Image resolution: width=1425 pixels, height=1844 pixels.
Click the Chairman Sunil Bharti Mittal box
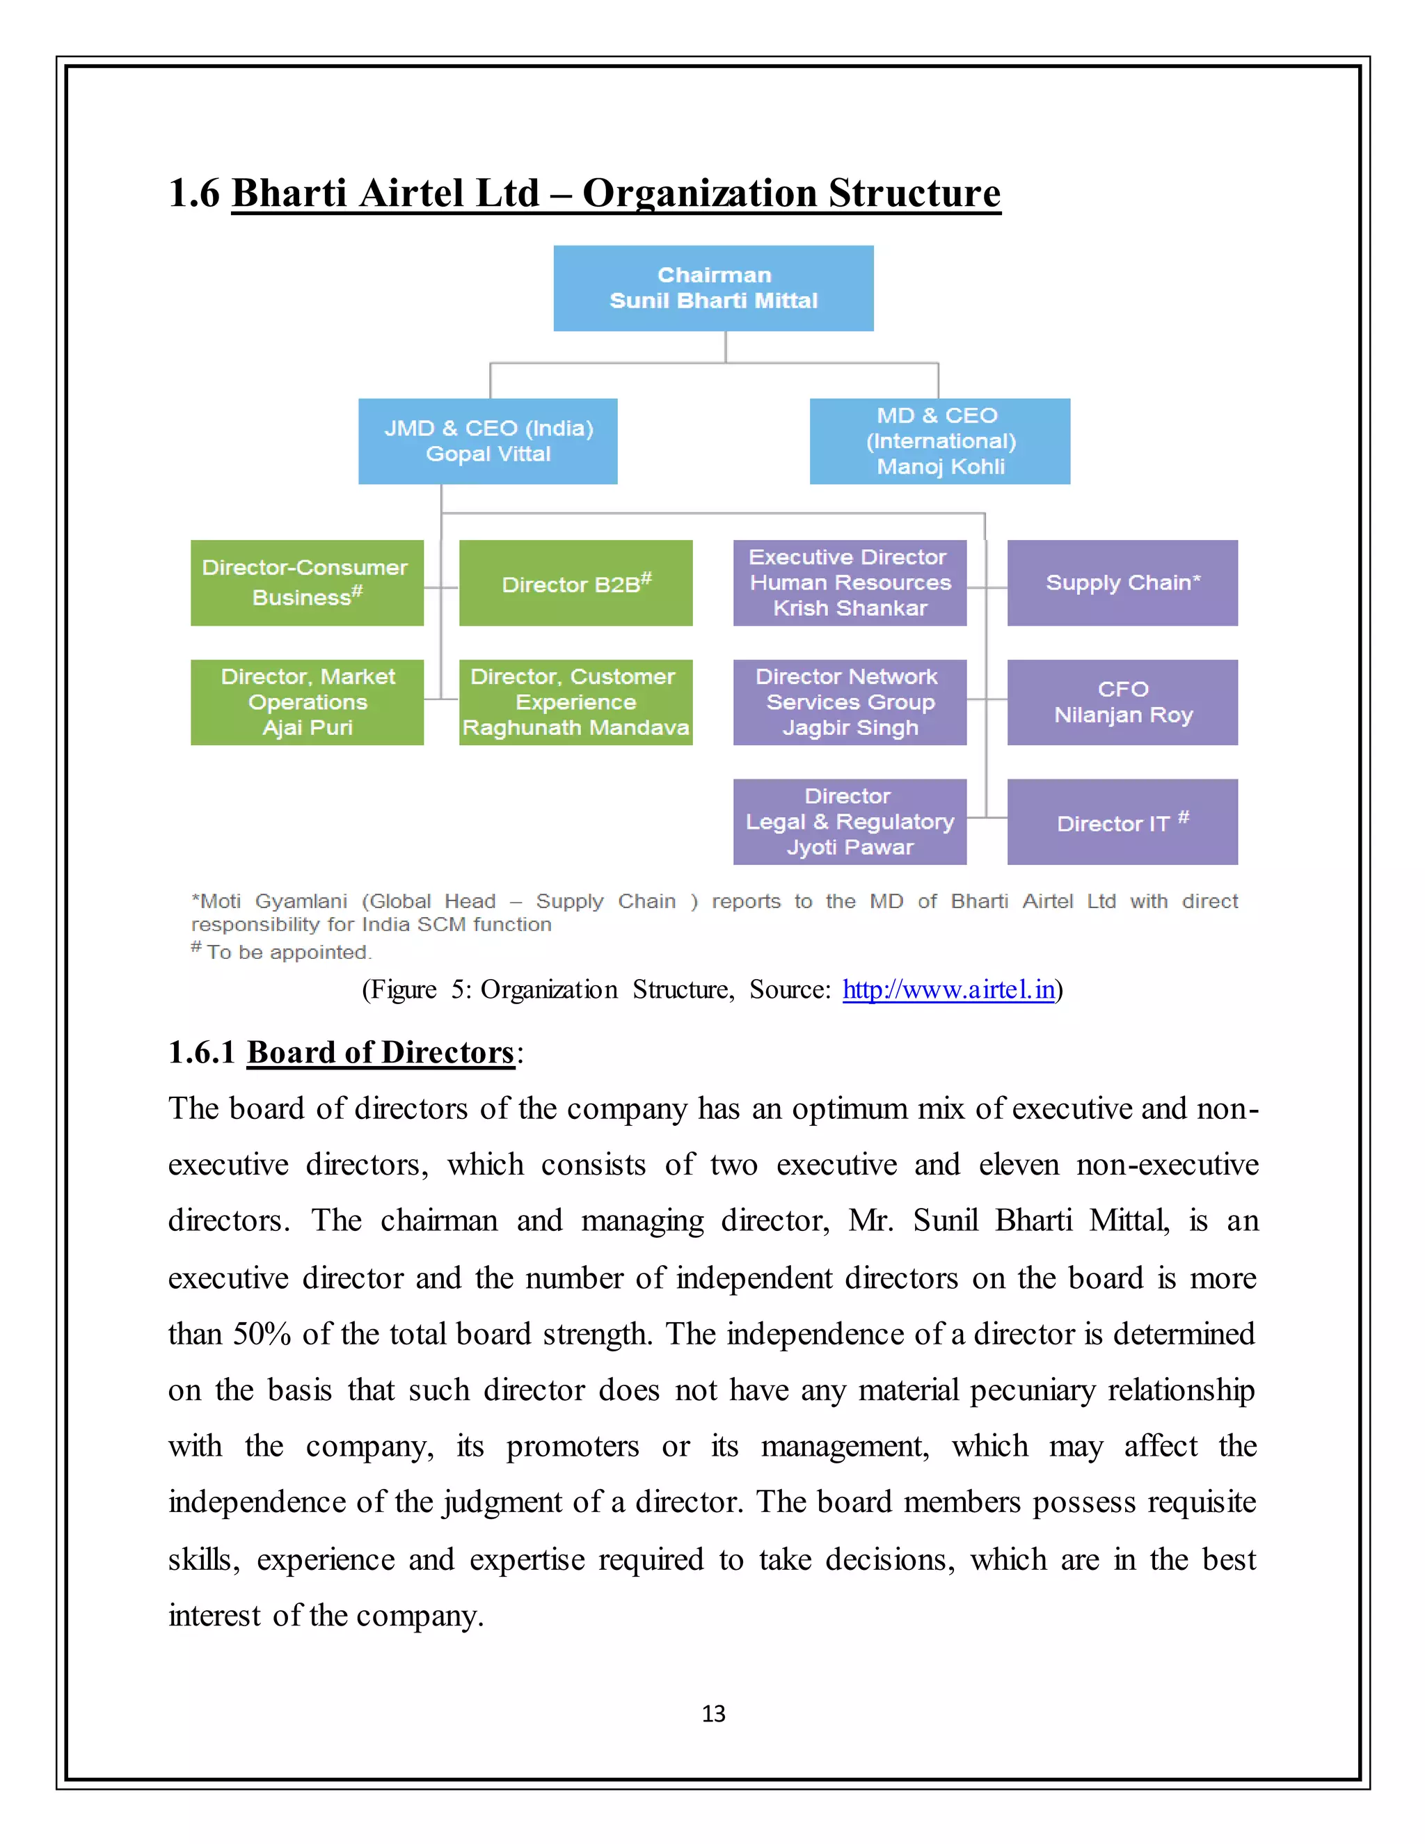click(x=713, y=288)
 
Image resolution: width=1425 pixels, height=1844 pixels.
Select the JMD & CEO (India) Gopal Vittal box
click(x=488, y=440)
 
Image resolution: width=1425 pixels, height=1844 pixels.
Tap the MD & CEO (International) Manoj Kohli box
click(x=939, y=440)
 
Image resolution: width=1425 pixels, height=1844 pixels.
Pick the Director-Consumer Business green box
click(x=306, y=582)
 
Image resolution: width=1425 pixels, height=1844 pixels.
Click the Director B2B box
click(x=575, y=582)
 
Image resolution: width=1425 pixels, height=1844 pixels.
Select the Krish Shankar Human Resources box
click(x=850, y=582)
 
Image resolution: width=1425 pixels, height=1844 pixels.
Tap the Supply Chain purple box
click(x=1122, y=582)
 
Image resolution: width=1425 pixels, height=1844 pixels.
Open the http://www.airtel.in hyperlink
click(x=948, y=989)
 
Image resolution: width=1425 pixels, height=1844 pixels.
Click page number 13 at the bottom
click(x=713, y=1713)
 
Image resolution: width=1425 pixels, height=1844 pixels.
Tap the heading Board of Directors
click(x=380, y=1052)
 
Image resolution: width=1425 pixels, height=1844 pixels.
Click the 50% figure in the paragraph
click(x=262, y=1333)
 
